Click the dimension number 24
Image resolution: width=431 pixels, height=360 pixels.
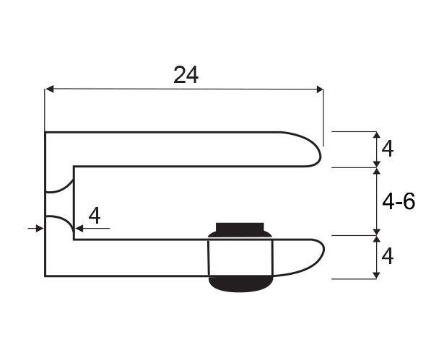[186, 75]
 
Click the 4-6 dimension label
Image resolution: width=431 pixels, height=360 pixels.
[399, 202]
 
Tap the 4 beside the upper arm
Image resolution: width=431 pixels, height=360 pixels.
[388, 149]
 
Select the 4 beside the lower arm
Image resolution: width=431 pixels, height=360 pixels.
[388, 257]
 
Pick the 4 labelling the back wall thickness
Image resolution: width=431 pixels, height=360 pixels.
[95, 216]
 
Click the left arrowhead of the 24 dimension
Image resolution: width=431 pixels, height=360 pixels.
[50, 89]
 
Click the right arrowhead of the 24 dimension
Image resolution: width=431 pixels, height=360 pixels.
[320, 89]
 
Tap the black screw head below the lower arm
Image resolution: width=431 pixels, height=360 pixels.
[240, 284]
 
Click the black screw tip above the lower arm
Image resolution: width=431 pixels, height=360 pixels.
[240, 230]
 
